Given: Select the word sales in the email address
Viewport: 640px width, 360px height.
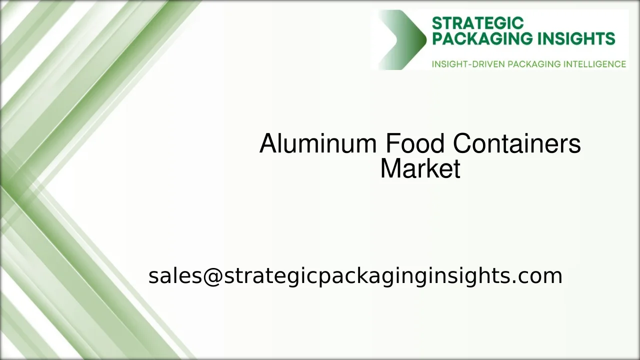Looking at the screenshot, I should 174,276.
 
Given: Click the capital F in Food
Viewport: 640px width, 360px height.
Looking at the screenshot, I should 391,144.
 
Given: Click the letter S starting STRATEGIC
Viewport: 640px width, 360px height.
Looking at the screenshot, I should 436,23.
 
